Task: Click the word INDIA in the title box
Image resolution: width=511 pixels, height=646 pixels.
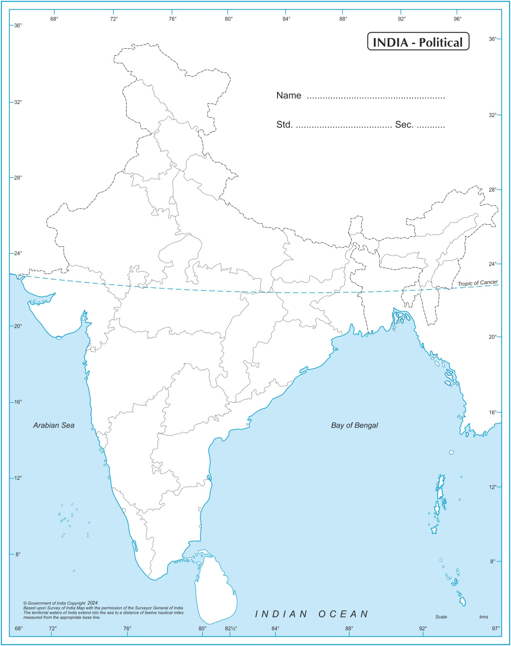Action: tap(391, 42)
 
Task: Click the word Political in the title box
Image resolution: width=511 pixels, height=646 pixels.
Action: tap(441, 42)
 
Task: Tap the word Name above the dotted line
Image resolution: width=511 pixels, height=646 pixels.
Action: tap(289, 95)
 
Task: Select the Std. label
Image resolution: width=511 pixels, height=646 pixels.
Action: tap(284, 125)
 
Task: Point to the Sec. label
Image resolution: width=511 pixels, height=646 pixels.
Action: tap(404, 125)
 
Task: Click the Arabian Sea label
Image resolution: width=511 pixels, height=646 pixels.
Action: tap(54, 425)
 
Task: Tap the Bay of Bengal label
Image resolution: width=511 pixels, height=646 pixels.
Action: tap(354, 425)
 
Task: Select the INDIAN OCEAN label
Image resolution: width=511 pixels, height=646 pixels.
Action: tap(312, 614)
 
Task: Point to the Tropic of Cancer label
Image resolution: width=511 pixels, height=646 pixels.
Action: tap(478, 283)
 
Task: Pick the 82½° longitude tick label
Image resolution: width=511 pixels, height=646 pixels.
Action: tap(231, 629)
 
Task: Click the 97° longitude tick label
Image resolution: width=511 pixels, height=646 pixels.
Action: tap(496, 629)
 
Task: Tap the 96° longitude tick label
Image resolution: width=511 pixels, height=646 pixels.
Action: tap(458, 19)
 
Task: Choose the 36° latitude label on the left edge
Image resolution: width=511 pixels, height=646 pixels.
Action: tap(18, 25)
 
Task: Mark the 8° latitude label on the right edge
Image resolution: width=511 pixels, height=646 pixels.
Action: tap(492, 561)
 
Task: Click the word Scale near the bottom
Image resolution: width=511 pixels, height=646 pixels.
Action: tap(441, 617)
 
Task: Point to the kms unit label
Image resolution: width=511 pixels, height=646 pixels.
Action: tap(483, 617)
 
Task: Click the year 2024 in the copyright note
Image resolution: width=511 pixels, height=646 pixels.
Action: tap(93, 603)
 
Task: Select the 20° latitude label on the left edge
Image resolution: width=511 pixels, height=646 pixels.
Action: tap(18, 326)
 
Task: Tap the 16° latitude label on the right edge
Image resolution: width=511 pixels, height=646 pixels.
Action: tap(492, 412)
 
